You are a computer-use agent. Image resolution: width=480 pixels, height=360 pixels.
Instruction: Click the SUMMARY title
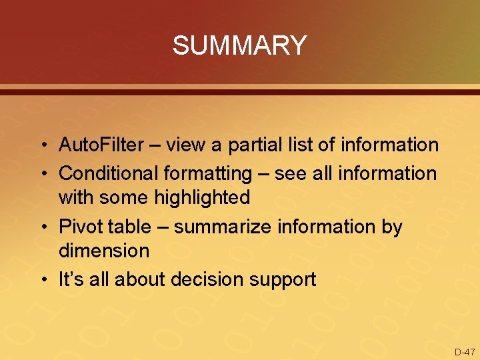click(239, 46)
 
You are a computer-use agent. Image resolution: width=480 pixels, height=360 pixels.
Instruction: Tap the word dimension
click(104, 251)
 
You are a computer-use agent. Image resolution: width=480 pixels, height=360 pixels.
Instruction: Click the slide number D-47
click(465, 351)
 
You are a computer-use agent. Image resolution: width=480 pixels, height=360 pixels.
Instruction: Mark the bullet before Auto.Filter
click(42, 145)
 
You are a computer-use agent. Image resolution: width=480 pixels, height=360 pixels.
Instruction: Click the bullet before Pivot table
click(42, 227)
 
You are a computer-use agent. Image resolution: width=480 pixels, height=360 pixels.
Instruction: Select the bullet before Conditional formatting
click(42, 174)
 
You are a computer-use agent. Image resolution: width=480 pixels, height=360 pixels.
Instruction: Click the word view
click(185, 145)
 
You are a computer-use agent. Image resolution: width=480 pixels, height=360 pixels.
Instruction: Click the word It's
click(70, 279)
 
